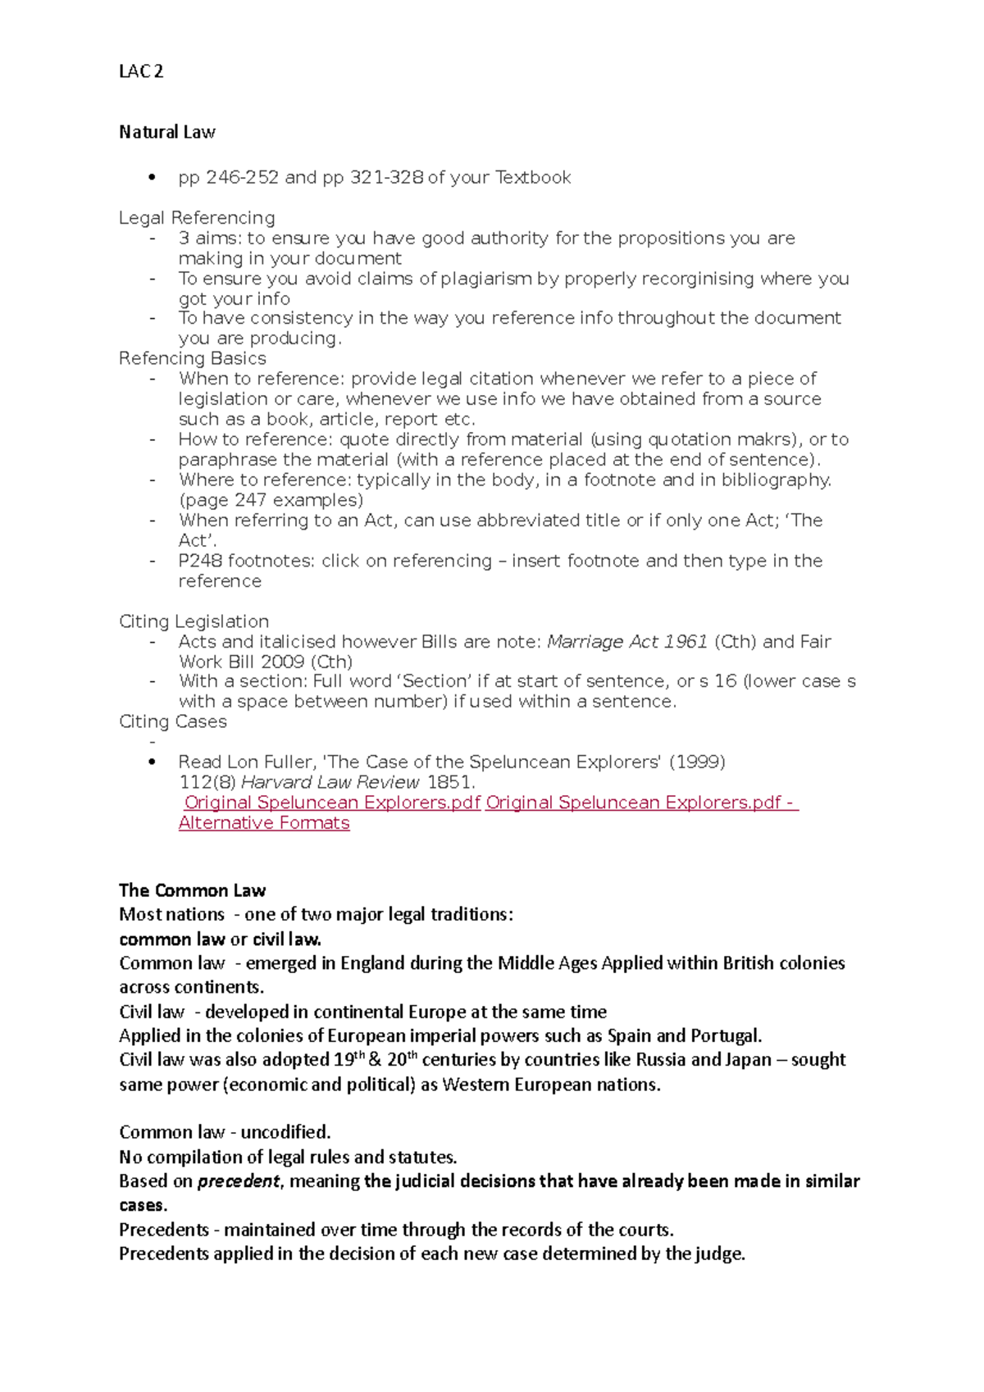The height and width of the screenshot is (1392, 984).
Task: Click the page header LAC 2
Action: [x=141, y=71]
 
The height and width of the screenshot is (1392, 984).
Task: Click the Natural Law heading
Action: [x=167, y=132]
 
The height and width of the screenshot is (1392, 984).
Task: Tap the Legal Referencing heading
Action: [x=197, y=217]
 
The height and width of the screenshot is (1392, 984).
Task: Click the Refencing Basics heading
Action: [x=193, y=358]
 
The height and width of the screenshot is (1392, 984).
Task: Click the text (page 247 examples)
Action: [x=271, y=500]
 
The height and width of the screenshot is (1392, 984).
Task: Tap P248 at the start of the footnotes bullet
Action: [x=200, y=561]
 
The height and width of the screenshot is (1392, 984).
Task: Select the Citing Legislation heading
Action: [x=194, y=621]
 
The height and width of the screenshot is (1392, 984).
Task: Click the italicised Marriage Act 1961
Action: [x=627, y=642]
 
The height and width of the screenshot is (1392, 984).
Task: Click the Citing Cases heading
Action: [x=173, y=721]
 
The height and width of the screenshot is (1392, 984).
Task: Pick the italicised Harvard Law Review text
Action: [x=330, y=782]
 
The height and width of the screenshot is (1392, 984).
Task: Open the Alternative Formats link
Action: [x=264, y=823]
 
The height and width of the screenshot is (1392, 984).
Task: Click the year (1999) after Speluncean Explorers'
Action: [x=698, y=762]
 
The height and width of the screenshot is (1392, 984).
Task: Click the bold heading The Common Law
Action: [x=193, y=890]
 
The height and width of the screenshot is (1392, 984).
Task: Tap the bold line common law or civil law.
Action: [x=220, y=939]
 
